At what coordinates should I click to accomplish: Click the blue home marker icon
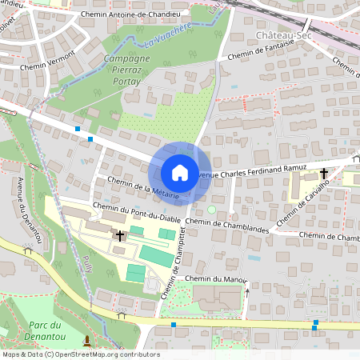(180, 173)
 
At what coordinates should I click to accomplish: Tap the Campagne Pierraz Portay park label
(126, 70)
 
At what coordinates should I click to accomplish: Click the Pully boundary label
(85, 263)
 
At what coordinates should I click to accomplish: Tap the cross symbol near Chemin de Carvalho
(324, 173)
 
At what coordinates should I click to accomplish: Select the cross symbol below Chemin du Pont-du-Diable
(121, 235)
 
